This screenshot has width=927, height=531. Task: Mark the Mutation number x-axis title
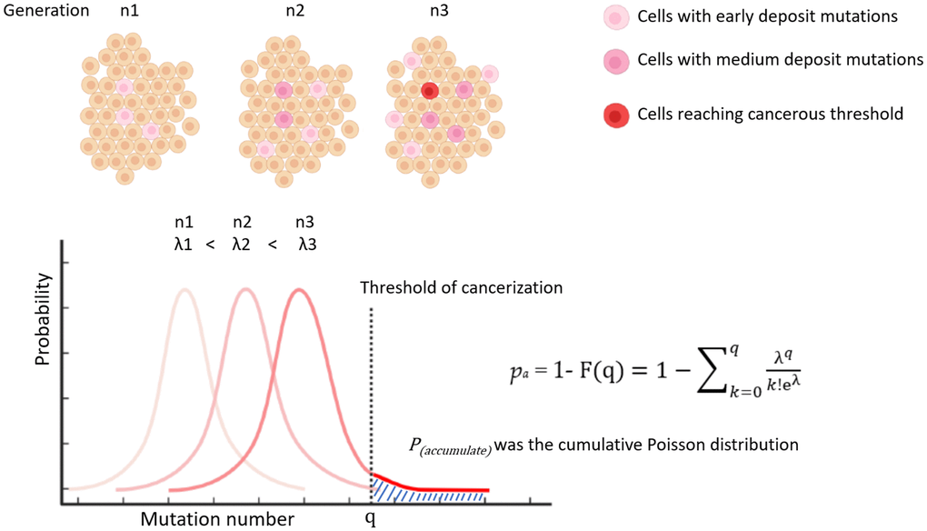(217, 519)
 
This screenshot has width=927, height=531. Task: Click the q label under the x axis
(371, 519)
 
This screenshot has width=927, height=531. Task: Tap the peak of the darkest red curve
(299, 290)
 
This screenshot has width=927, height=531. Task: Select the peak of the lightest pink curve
(185, 290)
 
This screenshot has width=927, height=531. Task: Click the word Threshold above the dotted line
(400, 287)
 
